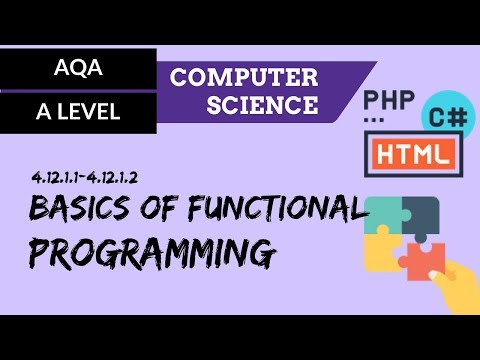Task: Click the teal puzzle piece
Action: tap(384, 213)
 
